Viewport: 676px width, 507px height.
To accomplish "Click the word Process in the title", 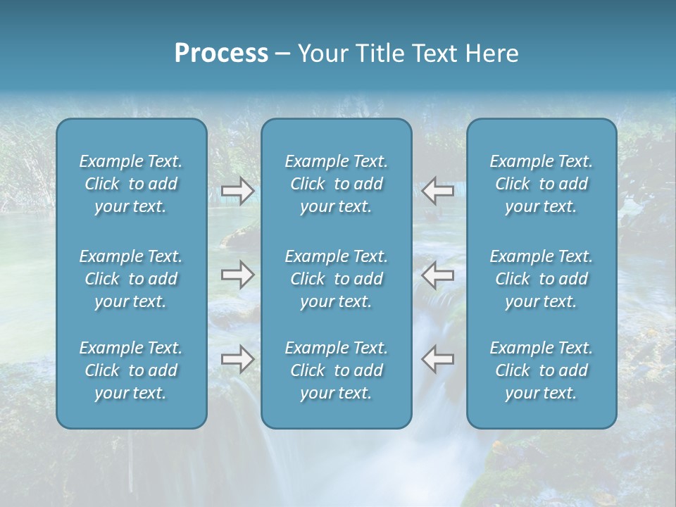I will [x=221, y=54].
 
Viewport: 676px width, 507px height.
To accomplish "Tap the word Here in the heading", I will [x=492, y=54].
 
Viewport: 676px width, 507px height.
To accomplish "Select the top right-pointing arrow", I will [x=237, y=190].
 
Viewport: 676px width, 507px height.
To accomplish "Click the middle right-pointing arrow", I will [x=237, y=275].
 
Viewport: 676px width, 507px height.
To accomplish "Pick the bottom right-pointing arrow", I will [x=237, y=359].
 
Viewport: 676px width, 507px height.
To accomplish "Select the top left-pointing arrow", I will [x=437, y=190].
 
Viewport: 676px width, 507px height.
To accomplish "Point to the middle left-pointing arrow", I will [x=437, y=275].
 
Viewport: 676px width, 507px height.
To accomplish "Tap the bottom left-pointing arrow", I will [x=437, y=359].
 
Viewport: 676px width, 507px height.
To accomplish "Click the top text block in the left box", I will [x=131, y=184].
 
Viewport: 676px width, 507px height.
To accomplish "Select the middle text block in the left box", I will [x=131, y=279].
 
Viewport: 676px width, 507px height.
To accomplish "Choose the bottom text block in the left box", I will [x=131, y=370].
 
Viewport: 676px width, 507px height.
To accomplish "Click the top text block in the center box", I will [x=337, y=184].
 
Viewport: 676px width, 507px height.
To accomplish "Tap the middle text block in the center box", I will [x=337, y=279].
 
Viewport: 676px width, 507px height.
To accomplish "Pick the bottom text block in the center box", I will [x=337, y=370].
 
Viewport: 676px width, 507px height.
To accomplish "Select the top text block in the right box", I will [x=542, y=184].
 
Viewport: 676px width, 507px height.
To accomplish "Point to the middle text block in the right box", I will [x=542, y=279].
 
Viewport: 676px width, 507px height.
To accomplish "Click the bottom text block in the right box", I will [x=542, y=370].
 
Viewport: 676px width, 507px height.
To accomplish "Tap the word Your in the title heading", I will [x=322, y=54].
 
